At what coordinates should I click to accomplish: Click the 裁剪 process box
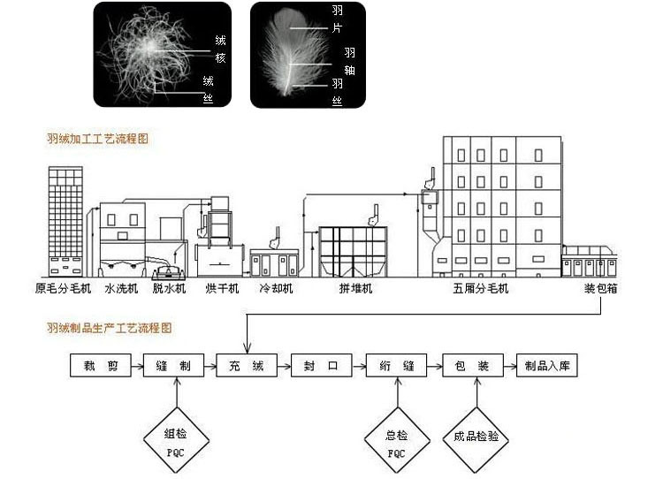coord(101,365)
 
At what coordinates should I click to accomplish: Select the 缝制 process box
coord(174,365)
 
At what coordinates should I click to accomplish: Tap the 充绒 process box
coord(247,365)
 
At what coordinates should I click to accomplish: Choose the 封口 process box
coord(321,365)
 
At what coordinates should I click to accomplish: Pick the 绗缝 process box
coord(397,365)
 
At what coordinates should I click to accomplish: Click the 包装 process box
coord(473,365)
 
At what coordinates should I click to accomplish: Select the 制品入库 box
coord(547,365)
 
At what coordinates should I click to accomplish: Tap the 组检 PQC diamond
coord(176,440)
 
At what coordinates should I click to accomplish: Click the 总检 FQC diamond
coord(397,440)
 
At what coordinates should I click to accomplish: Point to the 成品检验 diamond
coord(476,440)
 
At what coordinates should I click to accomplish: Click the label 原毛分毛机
coord(63,289)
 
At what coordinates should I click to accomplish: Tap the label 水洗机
coord(121,289)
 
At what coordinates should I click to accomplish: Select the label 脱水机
coord(169,289)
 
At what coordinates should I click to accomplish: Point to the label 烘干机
coord(222,289)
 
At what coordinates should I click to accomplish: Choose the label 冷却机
coord(276,289)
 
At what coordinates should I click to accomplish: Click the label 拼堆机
coord(355,289)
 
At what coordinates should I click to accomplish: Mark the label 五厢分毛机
coord(481,289)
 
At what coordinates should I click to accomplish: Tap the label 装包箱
coord(601,289)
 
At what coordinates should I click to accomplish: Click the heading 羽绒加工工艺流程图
coord(97,139)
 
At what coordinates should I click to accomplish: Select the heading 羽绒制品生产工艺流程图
coord(110,328)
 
